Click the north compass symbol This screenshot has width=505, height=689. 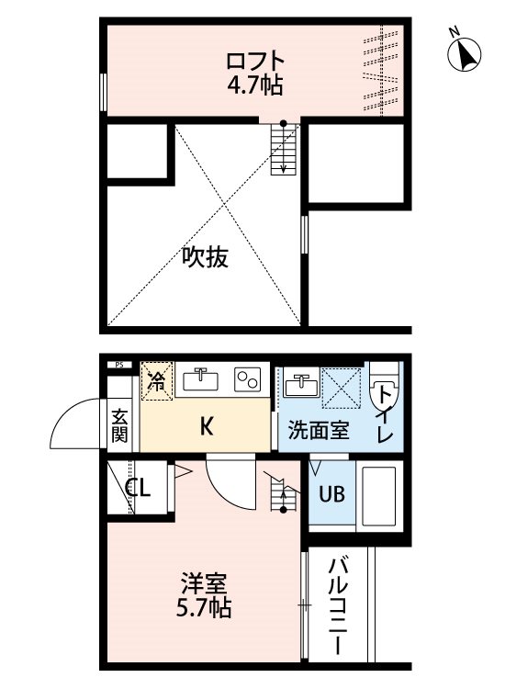pos(464,52)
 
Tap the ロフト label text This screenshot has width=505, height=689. pos(255,61)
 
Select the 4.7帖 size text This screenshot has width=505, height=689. pos(254,85)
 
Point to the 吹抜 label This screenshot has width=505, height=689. pos(205,257)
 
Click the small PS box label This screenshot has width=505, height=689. pos(119,365)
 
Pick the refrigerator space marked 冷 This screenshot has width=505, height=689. pos(157,380)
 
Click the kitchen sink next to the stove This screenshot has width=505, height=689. pos(201,379)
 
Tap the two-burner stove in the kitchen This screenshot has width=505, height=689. pos(248,379)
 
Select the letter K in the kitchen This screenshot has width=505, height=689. pos(207,425)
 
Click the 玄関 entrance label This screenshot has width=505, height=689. pos(119,425)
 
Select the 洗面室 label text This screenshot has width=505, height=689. pos(319,431)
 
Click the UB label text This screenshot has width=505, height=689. pos(332,494)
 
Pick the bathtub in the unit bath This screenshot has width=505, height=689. pos(378,496)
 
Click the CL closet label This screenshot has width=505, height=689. pos(139,488)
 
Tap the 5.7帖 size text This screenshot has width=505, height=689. pos(204,608)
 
